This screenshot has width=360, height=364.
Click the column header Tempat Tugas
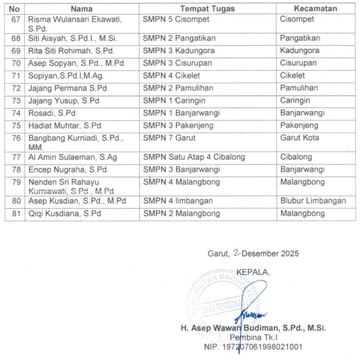[207, 8]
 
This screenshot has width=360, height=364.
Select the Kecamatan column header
[315, 8]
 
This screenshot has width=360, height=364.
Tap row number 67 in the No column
[15, 20]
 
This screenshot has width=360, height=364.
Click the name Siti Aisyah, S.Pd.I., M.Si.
[71, 38]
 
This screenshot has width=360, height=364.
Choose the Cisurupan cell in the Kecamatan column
[299, 63]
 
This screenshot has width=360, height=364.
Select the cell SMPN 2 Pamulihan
[179, 88]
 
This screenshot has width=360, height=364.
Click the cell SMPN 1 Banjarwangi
[181, 113]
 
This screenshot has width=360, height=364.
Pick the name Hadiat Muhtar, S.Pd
[65, 125]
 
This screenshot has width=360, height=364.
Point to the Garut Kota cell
[300, 138]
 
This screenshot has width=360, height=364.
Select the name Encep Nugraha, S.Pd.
[68, 169]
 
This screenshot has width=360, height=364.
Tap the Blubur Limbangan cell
[313, 201]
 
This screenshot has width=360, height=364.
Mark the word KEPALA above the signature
[252, 272]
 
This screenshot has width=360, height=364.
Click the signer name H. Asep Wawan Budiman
[253, 328]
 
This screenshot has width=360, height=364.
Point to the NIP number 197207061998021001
[254, 347]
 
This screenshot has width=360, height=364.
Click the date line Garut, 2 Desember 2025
[253, 253]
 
